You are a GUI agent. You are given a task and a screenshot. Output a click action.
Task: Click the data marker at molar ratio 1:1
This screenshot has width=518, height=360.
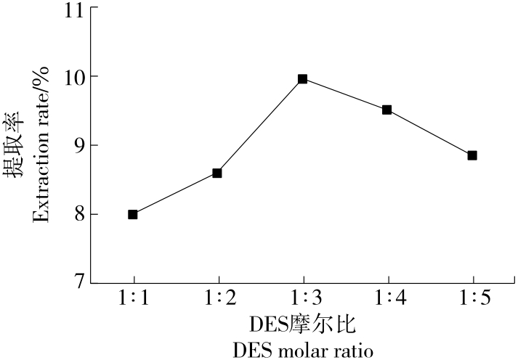tap(133, 214)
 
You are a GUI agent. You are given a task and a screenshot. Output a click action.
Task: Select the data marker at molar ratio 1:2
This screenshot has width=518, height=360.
tap(217, 173)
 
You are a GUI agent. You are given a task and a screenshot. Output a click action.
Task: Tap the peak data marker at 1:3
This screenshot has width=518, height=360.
tap(302, 78)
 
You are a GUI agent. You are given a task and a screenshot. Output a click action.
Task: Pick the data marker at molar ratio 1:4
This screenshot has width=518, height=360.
tap(387, 110)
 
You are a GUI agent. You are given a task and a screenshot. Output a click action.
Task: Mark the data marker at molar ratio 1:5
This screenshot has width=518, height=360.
tap(472, 155)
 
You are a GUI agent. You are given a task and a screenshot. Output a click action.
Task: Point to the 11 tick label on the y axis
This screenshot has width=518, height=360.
tap(72, 11)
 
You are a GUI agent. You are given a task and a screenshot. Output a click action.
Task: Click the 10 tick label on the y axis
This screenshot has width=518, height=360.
tap(72, 78)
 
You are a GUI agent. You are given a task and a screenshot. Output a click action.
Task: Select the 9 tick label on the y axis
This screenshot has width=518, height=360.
tap(76, 145)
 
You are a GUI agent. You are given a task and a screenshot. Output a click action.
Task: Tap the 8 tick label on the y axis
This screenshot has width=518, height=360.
tap(76, 213)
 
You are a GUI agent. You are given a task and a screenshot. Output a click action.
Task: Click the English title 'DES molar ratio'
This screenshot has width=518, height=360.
tap(303, 351)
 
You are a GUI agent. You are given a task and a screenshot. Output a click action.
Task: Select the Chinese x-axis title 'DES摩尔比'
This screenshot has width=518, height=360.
tap(303, 324)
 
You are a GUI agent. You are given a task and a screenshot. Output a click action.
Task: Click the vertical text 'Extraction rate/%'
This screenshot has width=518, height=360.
tap(41, 145)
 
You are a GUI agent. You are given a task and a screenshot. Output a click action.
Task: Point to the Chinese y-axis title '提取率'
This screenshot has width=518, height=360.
tap(16, 145)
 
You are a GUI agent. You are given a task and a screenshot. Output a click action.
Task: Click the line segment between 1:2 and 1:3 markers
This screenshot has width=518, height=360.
tap(260, 126)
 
